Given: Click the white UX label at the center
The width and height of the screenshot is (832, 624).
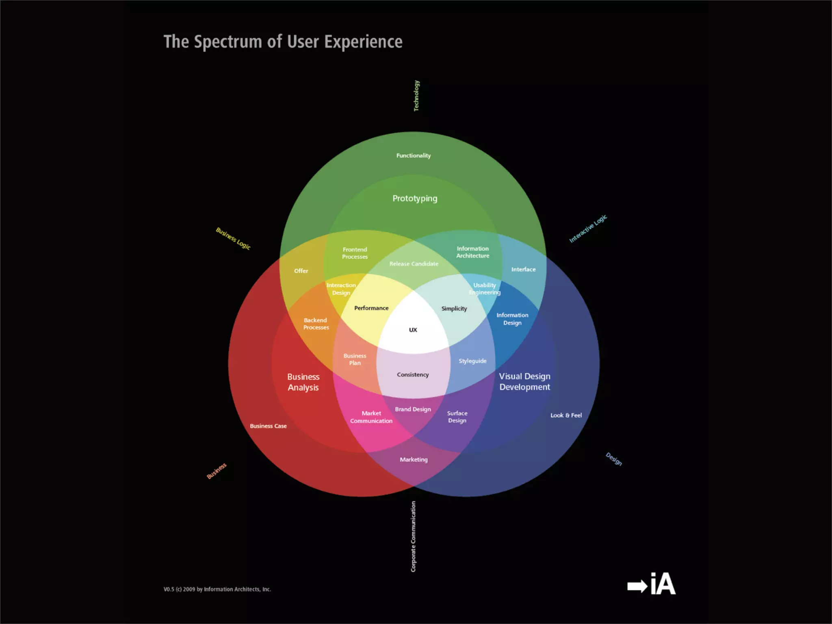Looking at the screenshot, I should [413, 330].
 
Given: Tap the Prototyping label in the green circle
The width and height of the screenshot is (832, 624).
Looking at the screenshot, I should [415, 199].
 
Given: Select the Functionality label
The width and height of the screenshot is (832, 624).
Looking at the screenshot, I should [414, 156].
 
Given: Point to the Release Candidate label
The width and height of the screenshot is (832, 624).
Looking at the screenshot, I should [414, 264].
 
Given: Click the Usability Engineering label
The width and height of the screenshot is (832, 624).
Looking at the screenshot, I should [485, 289].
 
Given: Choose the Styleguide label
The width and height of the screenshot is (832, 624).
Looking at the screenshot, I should [472, 361].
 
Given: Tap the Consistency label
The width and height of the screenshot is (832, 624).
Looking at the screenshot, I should [413, 375].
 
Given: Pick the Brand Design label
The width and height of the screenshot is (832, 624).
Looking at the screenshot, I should [413, 409].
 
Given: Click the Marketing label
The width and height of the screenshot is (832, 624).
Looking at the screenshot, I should [414, 459].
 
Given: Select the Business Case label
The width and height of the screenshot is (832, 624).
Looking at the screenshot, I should [268, 426].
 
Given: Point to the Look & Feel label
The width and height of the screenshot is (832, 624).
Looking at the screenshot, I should [566, 415].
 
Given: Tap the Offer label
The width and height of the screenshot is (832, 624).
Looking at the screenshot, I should [301, 271].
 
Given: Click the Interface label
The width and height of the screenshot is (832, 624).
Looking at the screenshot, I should [523, 269].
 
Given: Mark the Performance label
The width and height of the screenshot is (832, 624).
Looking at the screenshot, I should [371, 308].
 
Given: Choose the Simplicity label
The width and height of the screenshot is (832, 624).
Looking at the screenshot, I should [454, 309].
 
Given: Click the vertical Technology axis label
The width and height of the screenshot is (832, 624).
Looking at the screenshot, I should [416, 96].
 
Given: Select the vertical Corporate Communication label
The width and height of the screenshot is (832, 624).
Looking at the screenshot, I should [413, 536].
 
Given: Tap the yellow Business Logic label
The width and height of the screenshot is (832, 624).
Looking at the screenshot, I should [233, 238].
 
